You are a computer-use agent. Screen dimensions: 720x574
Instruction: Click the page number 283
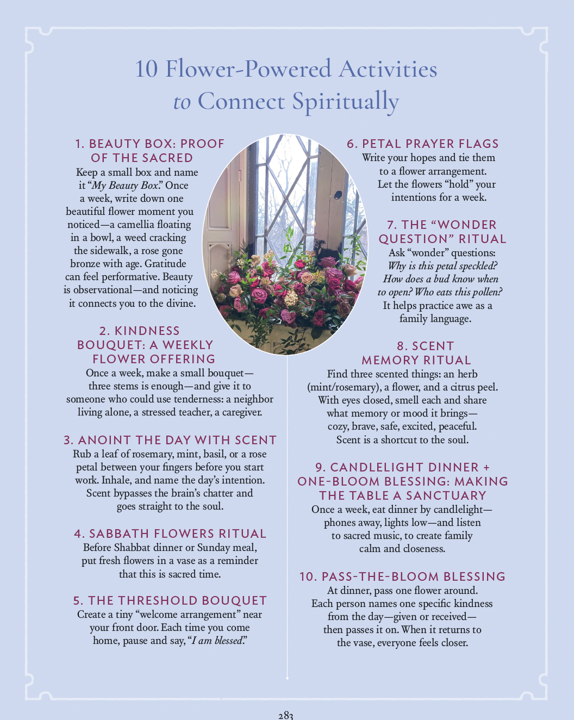pyautogui.click(x=285, y=715)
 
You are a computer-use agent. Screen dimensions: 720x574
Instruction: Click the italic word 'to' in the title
pyautogui.click(x=182, y=102)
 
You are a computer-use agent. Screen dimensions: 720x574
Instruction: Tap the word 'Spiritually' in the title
pyautogui.click(x=345, y=102)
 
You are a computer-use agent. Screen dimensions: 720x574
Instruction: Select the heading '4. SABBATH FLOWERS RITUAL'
pyautogui.click(x=170, y=533)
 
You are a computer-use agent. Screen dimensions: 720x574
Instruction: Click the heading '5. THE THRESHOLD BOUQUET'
pyautogui.click(x=170, y=600)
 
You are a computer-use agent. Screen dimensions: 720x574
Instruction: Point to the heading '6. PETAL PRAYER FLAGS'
pyautogui.click(x=423, y=144)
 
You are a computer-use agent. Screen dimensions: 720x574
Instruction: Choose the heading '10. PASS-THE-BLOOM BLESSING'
pyautogui.click(x=402, y=576)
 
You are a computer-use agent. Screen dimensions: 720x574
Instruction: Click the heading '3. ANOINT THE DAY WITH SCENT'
pyautogui.click(x=170, y=440)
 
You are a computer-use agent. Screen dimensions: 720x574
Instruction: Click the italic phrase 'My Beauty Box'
pyautogui.click(x=125, y=185)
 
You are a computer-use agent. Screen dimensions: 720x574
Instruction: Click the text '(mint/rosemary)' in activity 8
pyautogui.click(x=344, y=387)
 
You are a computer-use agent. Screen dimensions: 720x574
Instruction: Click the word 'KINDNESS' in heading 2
pyautogui.click(x=147, y=331)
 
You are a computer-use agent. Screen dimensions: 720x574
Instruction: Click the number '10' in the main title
pyautogui.click(x=146, y=69)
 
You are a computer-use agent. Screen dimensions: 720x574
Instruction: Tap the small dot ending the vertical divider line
pyautogui.click(x=287, y=678)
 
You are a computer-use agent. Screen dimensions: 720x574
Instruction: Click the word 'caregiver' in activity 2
pyautogui.click(x=238, y=412)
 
